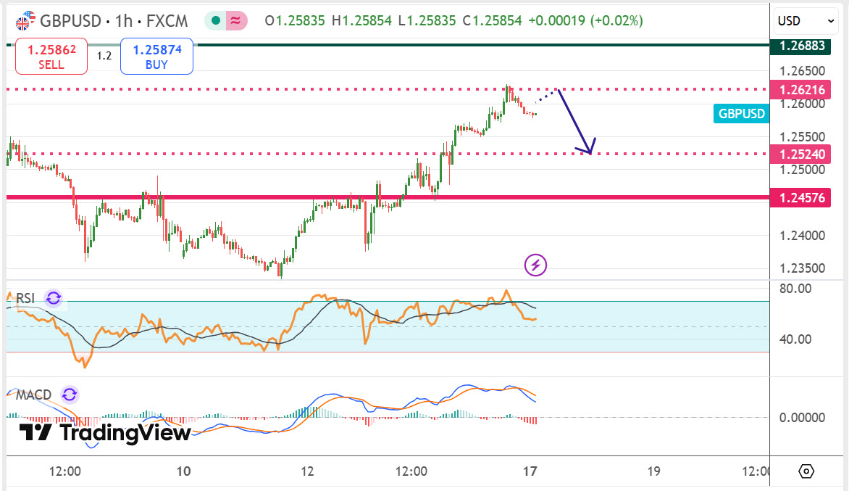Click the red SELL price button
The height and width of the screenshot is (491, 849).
pos(51,57)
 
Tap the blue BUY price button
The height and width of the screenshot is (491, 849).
pos(156,57)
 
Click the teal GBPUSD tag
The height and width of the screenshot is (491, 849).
pos(740,114)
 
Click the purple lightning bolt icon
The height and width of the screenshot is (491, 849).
pos(535,265)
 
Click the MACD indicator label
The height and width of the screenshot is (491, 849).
pos(33,395)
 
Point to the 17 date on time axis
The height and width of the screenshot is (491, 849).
pos(530,471)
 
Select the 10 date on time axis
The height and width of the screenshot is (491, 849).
pos(183,471)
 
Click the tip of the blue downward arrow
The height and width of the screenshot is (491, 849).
pos(590,153)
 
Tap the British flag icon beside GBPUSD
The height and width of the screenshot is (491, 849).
pos(25,20)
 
